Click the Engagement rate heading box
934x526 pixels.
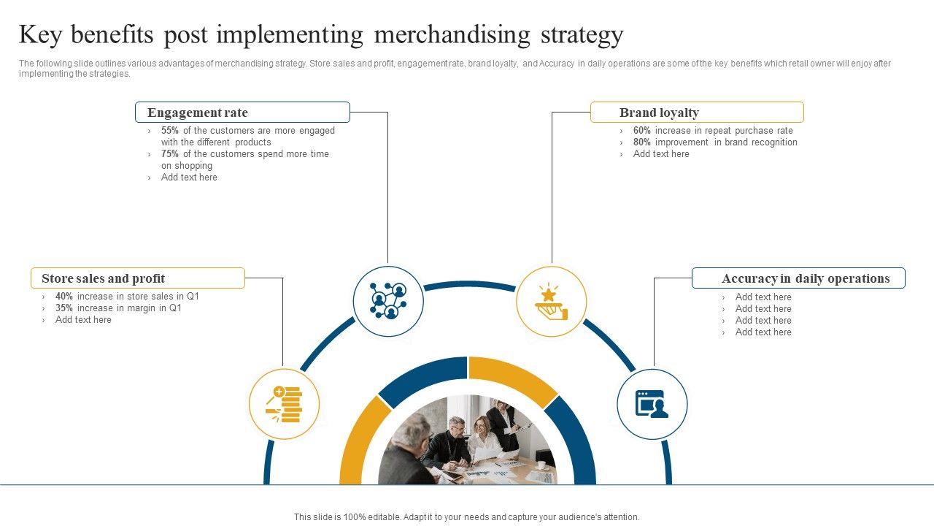click(x=242, y=113)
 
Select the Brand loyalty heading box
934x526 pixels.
click(x=697, y=113)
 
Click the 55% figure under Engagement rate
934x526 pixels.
click(x=170, y=131)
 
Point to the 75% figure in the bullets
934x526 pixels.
click(x=170, y=154)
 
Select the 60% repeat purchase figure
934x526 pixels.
click(x=642, y=131)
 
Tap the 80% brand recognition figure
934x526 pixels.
click(x=642, y=142)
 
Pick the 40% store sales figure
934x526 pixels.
click(x=64, y=297)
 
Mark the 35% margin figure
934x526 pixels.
click(x=64, y=308)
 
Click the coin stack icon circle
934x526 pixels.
click(x=285, y=404)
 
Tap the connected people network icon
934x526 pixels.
click(x=388, y=301)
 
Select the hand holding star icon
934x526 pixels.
click(x=551, y=301)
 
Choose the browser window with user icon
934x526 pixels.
click(x=652, y=404)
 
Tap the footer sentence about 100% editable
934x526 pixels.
click(x=467, y=517)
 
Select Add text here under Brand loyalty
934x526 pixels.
click(x=661, y=154)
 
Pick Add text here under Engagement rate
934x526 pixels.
click(x=189, y=178)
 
